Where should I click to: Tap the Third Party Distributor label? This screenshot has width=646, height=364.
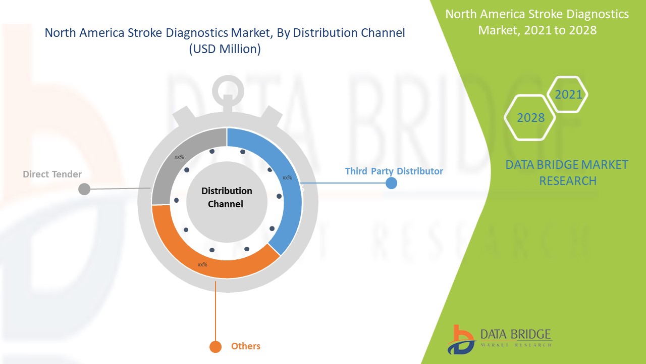[394, 171]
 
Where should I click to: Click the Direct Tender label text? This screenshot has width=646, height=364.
[52, 174]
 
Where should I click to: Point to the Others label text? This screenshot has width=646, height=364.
[246, 346]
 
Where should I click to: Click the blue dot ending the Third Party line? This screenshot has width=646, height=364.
[391, 183]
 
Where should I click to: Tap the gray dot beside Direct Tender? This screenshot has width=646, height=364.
[84, 189]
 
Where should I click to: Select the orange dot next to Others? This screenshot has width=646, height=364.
[216, 347]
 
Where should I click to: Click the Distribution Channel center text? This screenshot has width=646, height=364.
[227, 198]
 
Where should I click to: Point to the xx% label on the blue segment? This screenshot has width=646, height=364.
[287, 177]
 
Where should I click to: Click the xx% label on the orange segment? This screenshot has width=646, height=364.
[202, 264]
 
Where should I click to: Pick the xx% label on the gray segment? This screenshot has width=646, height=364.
[179, 157]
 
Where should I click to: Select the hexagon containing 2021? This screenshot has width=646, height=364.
[568, 95]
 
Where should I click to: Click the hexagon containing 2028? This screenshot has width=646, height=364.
[530, 118]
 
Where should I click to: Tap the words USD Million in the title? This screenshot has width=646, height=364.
[225, 50]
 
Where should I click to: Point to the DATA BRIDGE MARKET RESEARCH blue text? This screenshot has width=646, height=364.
[567, 172]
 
